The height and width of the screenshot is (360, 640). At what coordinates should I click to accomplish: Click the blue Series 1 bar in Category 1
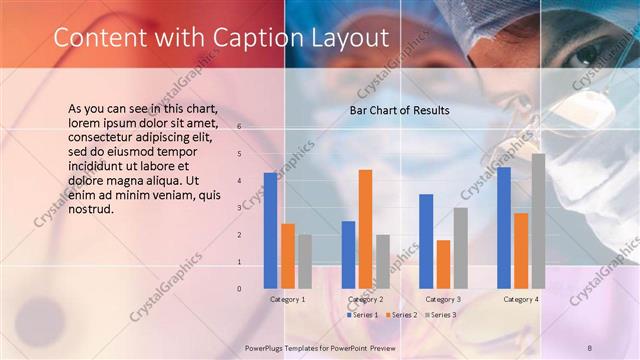point(270,231)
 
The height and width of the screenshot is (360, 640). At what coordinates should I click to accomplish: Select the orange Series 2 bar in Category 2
point(366,229)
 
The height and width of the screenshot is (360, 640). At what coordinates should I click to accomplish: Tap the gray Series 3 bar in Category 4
point(538,221)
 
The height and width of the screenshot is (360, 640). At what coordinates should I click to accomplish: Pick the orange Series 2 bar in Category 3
point(444,264)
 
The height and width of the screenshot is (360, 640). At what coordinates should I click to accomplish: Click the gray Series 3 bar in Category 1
point(305,262)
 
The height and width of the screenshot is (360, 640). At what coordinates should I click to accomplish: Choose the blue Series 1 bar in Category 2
point(348,255)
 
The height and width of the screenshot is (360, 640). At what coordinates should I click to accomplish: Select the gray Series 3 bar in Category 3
point(461,248)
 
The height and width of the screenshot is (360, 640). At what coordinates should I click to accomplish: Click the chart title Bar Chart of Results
point(399,110)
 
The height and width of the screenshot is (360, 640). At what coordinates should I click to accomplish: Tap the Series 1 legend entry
point(363,315)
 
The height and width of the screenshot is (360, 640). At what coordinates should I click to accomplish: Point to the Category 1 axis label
point(288,299)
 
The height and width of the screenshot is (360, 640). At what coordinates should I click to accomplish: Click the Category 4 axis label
point(520,299)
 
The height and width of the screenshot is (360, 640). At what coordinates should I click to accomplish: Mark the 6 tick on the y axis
point(239,127)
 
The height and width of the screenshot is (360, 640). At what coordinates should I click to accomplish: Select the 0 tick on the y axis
point(239,289)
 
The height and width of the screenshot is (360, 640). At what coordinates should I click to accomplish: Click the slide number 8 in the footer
point(590,346)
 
